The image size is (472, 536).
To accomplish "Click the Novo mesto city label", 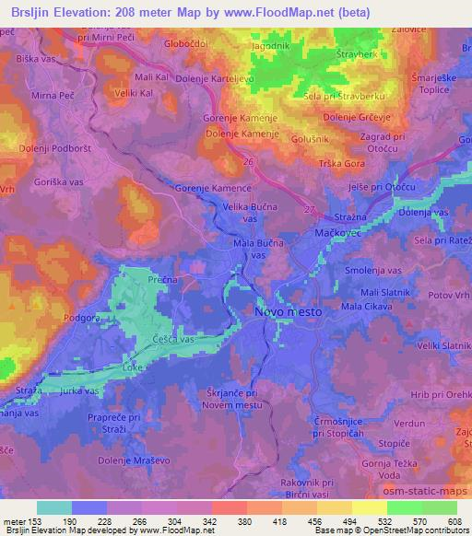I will coord(289,313).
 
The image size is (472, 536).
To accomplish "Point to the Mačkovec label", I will coord(341,233).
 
